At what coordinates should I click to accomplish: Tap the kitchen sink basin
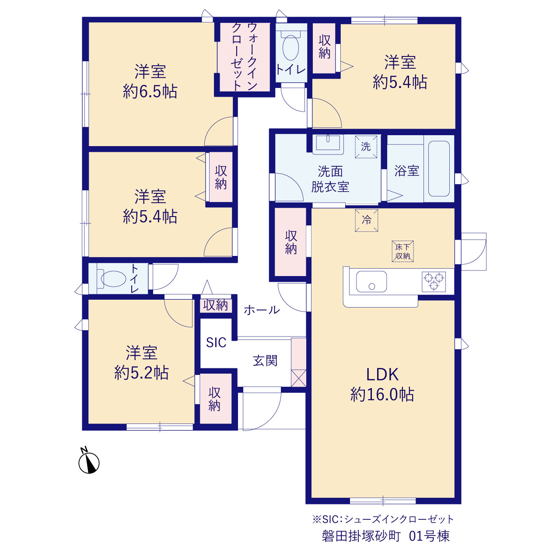371,281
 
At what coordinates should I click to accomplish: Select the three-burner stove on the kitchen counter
434,282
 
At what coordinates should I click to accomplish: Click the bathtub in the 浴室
439,168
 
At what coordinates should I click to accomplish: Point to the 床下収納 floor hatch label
402,252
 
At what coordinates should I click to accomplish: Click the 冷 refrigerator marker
367,220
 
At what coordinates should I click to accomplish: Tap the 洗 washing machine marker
366,147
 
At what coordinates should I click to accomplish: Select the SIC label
216,342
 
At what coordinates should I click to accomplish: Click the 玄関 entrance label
265,360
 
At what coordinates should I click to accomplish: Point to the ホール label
262,310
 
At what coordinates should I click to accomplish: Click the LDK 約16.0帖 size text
382,384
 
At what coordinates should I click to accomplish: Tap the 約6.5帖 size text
150,91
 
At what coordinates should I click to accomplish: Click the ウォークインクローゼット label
245,57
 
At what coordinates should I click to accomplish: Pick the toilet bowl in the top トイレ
290,46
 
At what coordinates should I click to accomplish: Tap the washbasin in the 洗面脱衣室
328,144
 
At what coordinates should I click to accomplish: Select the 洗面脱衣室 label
330,179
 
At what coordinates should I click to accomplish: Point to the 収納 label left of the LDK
290,242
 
